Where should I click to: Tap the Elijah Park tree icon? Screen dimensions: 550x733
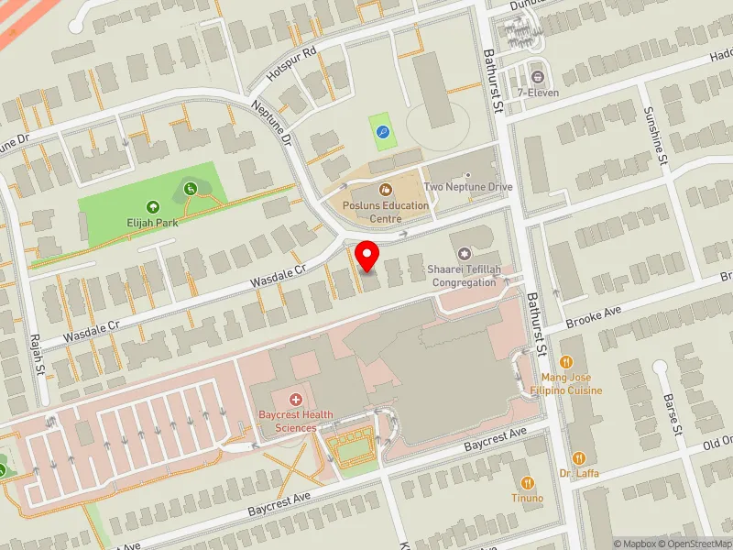pos(152,207)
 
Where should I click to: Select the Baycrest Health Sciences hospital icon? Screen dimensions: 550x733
pos(295,400)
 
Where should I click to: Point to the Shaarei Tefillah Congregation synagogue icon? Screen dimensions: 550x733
pos(464,253)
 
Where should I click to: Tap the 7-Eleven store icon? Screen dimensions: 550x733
pos(536,76)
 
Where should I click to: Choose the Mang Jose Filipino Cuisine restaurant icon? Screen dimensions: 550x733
pos(565,362)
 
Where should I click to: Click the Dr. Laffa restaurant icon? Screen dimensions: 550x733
pos(578,457)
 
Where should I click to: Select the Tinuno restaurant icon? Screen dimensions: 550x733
pos(527,482)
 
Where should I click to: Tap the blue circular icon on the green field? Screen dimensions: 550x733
pos(382,132)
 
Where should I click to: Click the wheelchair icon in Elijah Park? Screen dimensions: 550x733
pos(191,188)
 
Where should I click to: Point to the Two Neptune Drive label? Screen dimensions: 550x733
pos(468,187)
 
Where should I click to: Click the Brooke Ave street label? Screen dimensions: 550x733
pos(595,317)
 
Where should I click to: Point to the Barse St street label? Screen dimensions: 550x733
pos(675,414)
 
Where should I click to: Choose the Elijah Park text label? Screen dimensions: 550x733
pos(152,222)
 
